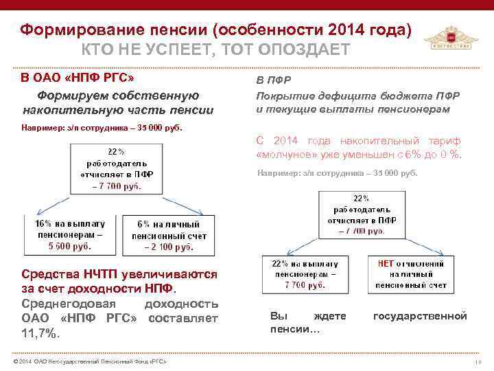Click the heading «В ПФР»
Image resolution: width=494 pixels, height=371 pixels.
click(270, 80)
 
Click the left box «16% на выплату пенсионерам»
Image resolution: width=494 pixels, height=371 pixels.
click(70, 234)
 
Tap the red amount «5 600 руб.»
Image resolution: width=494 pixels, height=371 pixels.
click(70, 245)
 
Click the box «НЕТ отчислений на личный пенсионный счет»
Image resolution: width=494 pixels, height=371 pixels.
click(410, 273)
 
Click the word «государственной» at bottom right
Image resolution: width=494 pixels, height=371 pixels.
click(419, 316)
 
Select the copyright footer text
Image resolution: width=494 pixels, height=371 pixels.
click(85, 361)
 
